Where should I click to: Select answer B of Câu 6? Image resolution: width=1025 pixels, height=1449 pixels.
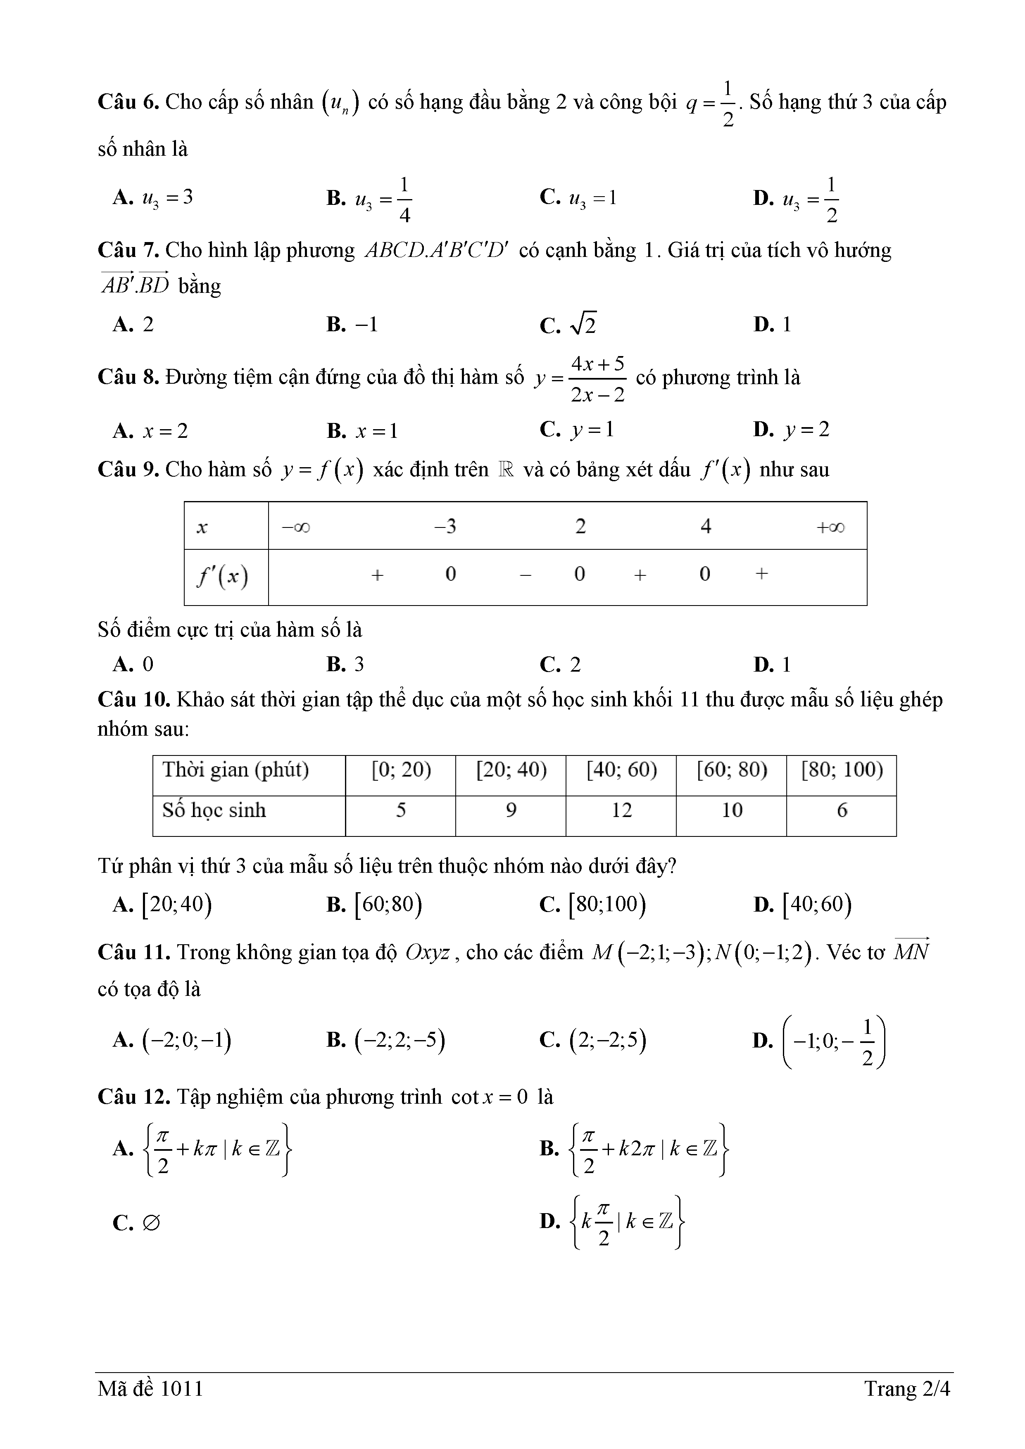pyautogui.click(x=369, y=200)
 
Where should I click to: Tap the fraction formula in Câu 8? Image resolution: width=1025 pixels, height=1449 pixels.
pyautogui.click(x=597, y=379)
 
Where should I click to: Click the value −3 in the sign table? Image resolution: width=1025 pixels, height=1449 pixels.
pyautogui.click(x=446, y=526)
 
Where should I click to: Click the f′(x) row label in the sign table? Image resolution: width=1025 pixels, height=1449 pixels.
pyautogui.click(x=222, y=576)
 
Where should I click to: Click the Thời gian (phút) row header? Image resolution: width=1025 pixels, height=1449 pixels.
pyautogui.click(x=235, y=770)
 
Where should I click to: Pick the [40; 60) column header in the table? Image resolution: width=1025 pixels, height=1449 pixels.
pyautogui.click(x=622, y=770)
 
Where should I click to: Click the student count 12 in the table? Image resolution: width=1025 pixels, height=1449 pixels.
pyautogui.click(x=622, y=810)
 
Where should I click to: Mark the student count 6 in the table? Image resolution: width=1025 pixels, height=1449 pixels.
pyautogui.click(x=842, y=810)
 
